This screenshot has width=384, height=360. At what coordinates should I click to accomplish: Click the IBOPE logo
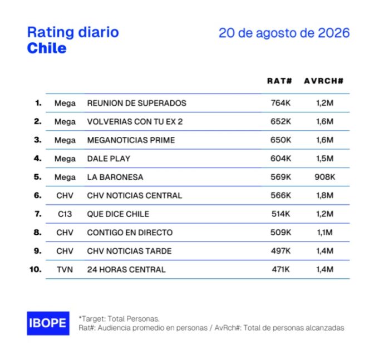tap(48, 323)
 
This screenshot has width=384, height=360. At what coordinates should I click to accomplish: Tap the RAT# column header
tap(279, 81)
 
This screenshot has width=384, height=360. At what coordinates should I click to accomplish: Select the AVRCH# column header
tap(324, 81)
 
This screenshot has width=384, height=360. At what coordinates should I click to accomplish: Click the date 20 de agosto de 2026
tap(284, 33)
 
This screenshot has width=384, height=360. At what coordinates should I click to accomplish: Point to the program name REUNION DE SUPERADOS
tap(137, 103)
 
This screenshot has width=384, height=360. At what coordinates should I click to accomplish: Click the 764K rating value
tap(280, 103)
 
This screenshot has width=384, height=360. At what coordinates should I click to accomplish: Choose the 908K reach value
tap(325, 177)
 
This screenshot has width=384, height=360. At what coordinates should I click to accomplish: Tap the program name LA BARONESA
tap(115, 177)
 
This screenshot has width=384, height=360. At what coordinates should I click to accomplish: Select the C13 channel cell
tap(65, 214)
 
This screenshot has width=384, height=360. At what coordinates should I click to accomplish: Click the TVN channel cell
tap(65, 269)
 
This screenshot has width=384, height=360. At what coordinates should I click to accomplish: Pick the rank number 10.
tap(36, 269)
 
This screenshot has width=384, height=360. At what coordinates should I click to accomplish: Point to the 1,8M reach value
tap(325, 195)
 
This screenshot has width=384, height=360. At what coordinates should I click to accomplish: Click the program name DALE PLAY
tap(109, 159)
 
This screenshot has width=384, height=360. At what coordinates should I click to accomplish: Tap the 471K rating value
tap(280, 269)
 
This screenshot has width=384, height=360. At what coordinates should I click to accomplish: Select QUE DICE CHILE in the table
tap(118, 214)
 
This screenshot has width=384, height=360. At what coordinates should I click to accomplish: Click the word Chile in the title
tap(47, 48)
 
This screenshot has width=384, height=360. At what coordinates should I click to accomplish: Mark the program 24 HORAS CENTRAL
tap(126, 269)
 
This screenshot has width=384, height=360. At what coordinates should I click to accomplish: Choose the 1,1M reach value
tap(325, 232)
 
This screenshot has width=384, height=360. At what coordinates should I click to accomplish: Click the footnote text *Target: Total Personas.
tap(119, 319)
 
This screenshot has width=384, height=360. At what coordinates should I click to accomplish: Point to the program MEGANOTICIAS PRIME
tap(131, 140)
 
